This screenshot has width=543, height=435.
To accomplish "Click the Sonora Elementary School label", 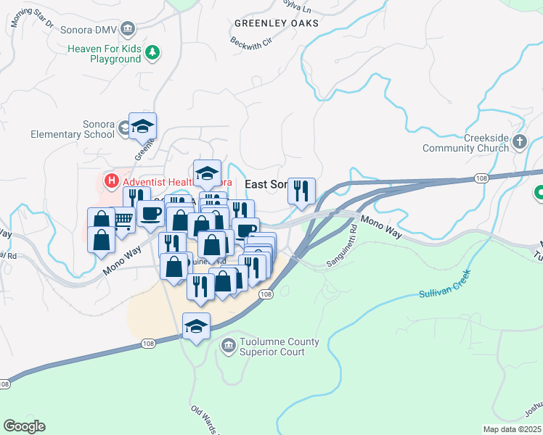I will pos(73,129).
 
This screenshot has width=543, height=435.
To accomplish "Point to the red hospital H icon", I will pos(112,181).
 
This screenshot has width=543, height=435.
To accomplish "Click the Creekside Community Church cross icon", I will pos(520,142).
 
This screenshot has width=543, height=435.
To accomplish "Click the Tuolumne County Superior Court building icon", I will pos(229,347).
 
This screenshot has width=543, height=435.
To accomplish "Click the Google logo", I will pos(24,426).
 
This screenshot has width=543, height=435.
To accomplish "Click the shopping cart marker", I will pos(123,218).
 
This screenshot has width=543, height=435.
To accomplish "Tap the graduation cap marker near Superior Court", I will pos(196,326).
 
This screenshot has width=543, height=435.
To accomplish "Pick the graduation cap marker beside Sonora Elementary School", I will pos(143,125).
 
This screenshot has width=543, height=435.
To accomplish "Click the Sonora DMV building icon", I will pos(128,29).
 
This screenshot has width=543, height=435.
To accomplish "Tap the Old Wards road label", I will pos(205,418).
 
